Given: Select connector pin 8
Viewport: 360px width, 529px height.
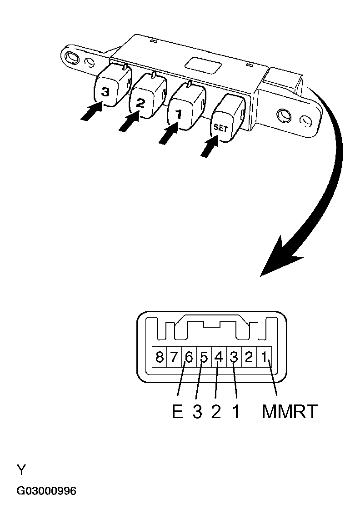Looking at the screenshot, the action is pyautogui.click(x=159, y=357).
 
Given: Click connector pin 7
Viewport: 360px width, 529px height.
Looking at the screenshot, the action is pyautogui.click(x=174, y=357).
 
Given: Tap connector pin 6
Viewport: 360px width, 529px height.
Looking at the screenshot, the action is pyautogui.click(x=189, y=357).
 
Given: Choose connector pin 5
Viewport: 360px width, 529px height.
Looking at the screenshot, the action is pyautogui.click(x=204, y=357).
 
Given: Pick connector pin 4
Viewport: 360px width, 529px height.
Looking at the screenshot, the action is pyautogui.click(x=219, y=357).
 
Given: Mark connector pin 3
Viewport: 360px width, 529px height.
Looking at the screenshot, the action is pyautogui.click(x=234, y=357).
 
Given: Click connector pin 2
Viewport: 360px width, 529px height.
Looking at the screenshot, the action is pyautogui.click(x=249, y=357).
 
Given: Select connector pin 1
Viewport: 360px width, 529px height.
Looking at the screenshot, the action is pyautogui.click(x=264, y=357).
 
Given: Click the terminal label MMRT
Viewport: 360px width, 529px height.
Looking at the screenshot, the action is pyautogui.click(x=289, y=412).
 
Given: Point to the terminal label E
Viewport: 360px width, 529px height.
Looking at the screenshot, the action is pyautogui.click(x=177, y=412).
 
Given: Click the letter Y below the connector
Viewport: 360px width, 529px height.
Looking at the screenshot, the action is pyautogui.click(x=21, y=469).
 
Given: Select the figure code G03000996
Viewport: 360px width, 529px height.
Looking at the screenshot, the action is pyautogui.click(x=46, y=491).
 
